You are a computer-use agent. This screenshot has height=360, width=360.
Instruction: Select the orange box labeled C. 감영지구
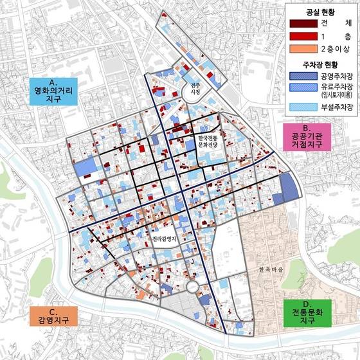pos(49,318)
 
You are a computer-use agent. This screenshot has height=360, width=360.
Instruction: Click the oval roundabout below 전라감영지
pos(193,288)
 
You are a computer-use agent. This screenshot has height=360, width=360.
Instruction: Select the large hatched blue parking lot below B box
pos(289,187)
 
